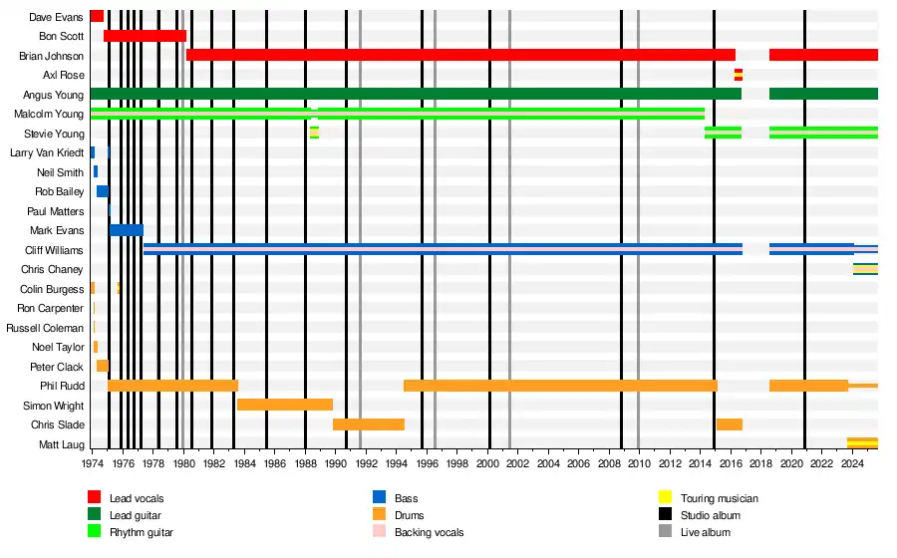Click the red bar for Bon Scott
point(145,36)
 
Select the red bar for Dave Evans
point(97,16)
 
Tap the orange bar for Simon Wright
point(285,405)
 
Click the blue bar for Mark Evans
point(127,230)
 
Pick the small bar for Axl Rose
point(739,75)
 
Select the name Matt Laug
point(61,443)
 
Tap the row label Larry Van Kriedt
point(47,152)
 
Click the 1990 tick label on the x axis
point(336,463)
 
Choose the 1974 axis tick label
point(93,463)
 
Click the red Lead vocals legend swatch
point(95,497)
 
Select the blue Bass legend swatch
point(379,497)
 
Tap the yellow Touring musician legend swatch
point(664,497)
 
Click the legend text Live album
point(706,532)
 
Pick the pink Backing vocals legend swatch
point(379,532)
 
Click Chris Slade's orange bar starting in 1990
point(369,424)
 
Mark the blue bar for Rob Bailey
point(103,191)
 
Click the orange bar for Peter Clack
point(103,366)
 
